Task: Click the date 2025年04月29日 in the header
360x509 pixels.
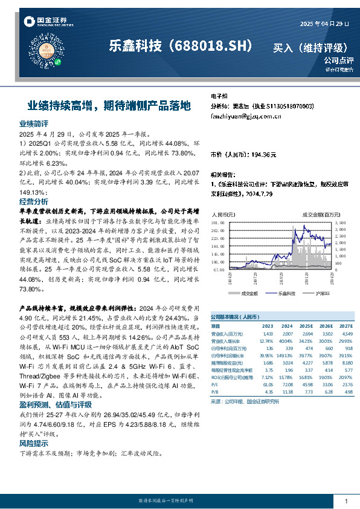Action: point(325,24)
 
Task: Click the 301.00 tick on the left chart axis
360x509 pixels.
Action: point(218,223)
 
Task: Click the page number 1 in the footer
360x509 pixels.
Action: point(346,501)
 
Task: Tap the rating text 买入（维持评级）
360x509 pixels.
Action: point(312,47)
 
